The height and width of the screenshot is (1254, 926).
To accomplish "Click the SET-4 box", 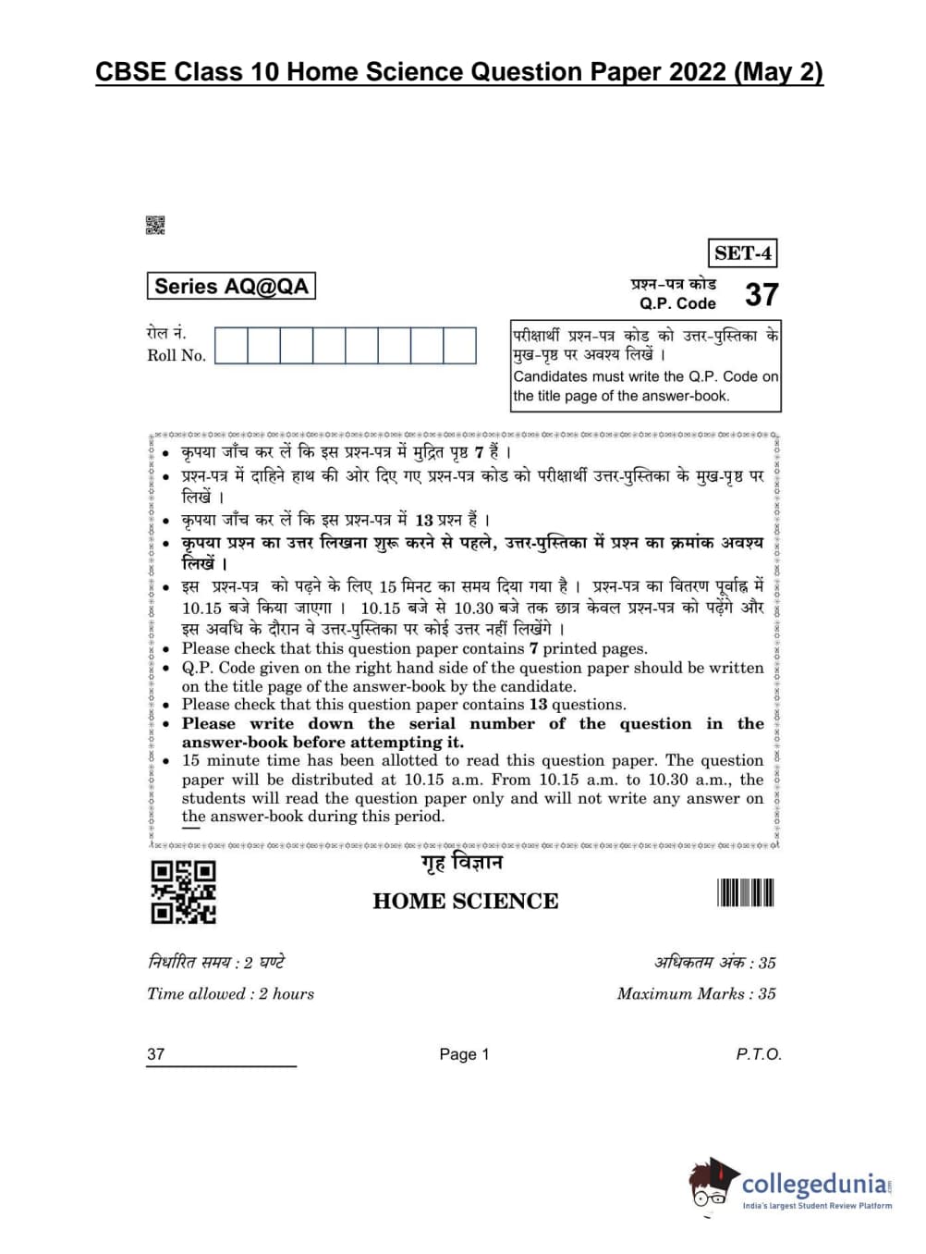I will [743, 253].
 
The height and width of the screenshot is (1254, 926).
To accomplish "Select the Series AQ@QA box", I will [231, 287].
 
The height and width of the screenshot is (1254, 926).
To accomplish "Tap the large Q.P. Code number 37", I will [762, 295].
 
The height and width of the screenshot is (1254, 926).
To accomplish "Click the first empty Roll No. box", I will [231, 346].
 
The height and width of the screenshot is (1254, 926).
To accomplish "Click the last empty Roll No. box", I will [459, 346].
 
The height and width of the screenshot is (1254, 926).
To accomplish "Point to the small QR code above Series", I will [155, 225].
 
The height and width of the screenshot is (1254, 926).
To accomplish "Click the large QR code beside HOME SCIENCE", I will [183, 892].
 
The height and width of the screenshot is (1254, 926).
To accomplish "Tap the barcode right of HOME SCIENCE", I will [745, 893].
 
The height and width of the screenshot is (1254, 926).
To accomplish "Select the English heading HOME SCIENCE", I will [466, 902].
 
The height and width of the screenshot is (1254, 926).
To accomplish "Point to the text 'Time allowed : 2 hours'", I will [230, 994].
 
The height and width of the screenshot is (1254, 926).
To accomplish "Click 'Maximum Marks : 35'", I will [697, 994].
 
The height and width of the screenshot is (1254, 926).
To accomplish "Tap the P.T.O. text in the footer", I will [759, 1054].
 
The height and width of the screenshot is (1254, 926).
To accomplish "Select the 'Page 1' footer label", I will [464, 1054].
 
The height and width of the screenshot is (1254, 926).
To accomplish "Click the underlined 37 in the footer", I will [155, 1054].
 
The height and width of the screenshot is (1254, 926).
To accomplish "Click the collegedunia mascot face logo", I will [713, 1183].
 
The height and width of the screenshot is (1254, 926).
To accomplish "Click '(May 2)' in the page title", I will [778, 72].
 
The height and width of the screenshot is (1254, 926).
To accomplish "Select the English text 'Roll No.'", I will [177, 356].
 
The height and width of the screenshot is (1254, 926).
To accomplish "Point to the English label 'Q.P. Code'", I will [677, 304].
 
